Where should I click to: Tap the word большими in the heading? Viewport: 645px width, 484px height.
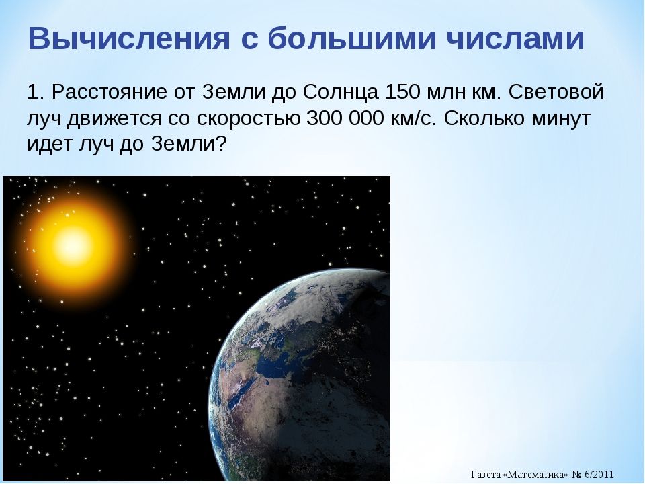pos(352,38)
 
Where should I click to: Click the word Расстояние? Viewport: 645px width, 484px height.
pos(109,92)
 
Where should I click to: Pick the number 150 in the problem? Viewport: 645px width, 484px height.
pos(402,92)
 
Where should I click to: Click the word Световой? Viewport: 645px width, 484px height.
pos(556,92)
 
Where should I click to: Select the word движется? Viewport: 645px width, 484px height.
pos(114,120)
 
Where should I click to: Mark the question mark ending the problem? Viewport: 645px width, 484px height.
pos(221,144)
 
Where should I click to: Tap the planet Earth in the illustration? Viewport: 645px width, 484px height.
pos(300,374)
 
